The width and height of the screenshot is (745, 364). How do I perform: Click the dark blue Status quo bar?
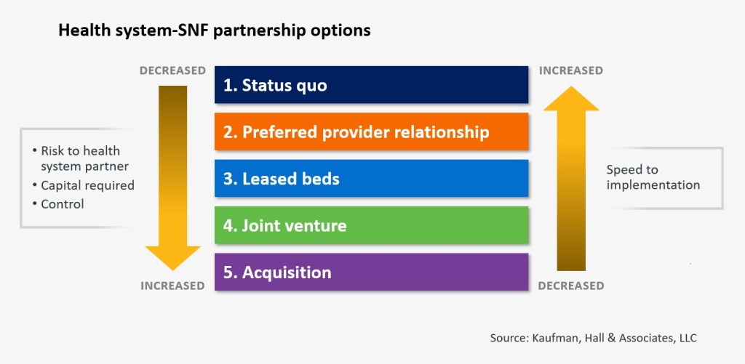coord(371,84)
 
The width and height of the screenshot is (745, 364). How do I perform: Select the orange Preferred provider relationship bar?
coord(371,132)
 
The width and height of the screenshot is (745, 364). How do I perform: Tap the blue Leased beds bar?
coord(371,179)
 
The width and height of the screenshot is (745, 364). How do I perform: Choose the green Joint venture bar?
coord(371,225)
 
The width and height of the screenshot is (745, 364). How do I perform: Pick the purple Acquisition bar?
coord(371,272)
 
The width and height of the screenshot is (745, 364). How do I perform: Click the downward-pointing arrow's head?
coord(172,257)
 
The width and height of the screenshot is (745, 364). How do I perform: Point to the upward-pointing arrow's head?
coord(571,98)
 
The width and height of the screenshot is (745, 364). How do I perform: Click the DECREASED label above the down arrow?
coord(172,70)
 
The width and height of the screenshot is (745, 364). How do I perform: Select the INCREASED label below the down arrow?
coord(172,286)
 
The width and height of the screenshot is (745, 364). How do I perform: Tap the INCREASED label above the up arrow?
coord(570,70)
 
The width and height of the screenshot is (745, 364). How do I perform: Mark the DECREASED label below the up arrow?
coord(570,286)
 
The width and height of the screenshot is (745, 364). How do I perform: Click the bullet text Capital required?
coord(87,185)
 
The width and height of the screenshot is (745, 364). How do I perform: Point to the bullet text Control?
coord(63,204)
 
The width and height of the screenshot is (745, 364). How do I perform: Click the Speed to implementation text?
coord(653,177)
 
